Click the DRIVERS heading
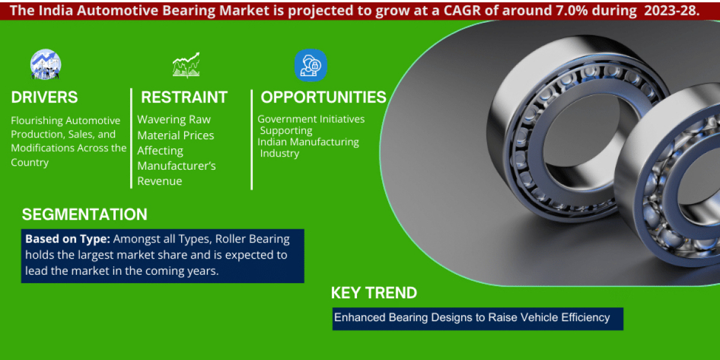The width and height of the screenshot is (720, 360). click(44, 97)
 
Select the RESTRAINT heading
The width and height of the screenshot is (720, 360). click(184, 97)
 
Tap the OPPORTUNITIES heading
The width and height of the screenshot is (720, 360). click(323, 97)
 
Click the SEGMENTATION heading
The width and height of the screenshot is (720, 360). click(84, 214)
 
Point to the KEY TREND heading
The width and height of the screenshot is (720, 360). click(374, 293)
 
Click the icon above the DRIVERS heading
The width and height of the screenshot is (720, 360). click(46, 65)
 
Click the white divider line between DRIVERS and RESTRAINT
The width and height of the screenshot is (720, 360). click(131, 138)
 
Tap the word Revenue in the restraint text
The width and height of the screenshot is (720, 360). click(160, 181)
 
